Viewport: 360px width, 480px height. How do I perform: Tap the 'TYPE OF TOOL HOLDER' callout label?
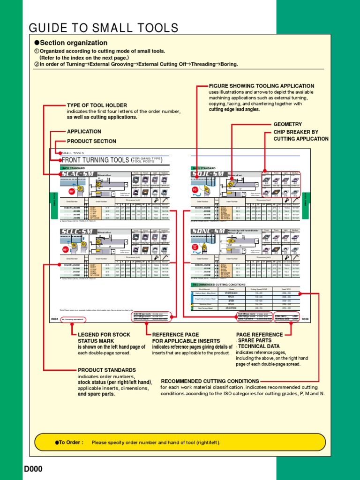point(97,105)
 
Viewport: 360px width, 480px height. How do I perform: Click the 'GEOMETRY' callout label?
point(287,124)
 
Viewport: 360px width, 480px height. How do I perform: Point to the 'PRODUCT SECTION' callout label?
point(91,141)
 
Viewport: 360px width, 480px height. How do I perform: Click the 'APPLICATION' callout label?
point(84,132)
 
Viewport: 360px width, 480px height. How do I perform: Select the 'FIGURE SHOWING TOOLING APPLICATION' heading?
point(261,86)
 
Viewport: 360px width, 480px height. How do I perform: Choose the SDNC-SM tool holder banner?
point(208,231)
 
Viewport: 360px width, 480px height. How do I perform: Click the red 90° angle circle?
point(72,191)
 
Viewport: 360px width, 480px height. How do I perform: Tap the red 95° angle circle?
point(66,249)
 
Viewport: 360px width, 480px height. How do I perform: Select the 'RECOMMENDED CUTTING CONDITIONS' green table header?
point(218,285)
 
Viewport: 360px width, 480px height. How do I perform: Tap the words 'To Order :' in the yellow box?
point(71,442)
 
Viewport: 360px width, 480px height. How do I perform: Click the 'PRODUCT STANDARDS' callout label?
point(107,370)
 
